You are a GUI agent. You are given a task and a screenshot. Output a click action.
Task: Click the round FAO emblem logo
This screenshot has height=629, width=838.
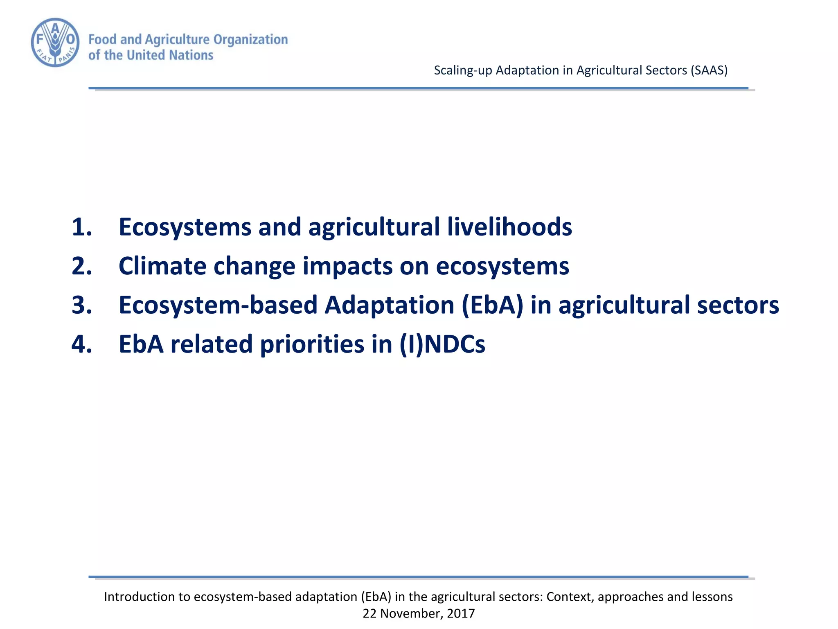click(x=55, y=42)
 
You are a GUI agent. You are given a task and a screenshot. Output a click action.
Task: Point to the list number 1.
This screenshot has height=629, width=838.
click(x=81, y=227)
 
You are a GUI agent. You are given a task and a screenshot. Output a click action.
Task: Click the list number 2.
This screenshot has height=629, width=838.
click(x=81, y=266)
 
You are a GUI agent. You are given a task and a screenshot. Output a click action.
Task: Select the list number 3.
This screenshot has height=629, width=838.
click(x=81, y=305)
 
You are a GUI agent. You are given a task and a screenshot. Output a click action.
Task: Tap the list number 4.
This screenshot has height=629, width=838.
click(x=81, y=344)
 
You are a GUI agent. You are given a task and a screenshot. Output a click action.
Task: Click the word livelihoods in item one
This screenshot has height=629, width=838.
click(x=509, y=227)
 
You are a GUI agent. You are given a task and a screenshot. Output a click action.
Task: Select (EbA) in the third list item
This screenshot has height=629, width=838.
click(x=492, y=305)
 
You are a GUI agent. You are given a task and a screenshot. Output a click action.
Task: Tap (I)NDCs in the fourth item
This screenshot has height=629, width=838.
click(x=442, y=344)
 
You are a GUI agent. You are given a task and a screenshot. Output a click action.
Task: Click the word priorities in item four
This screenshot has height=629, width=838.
click(x=312, y=345)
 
